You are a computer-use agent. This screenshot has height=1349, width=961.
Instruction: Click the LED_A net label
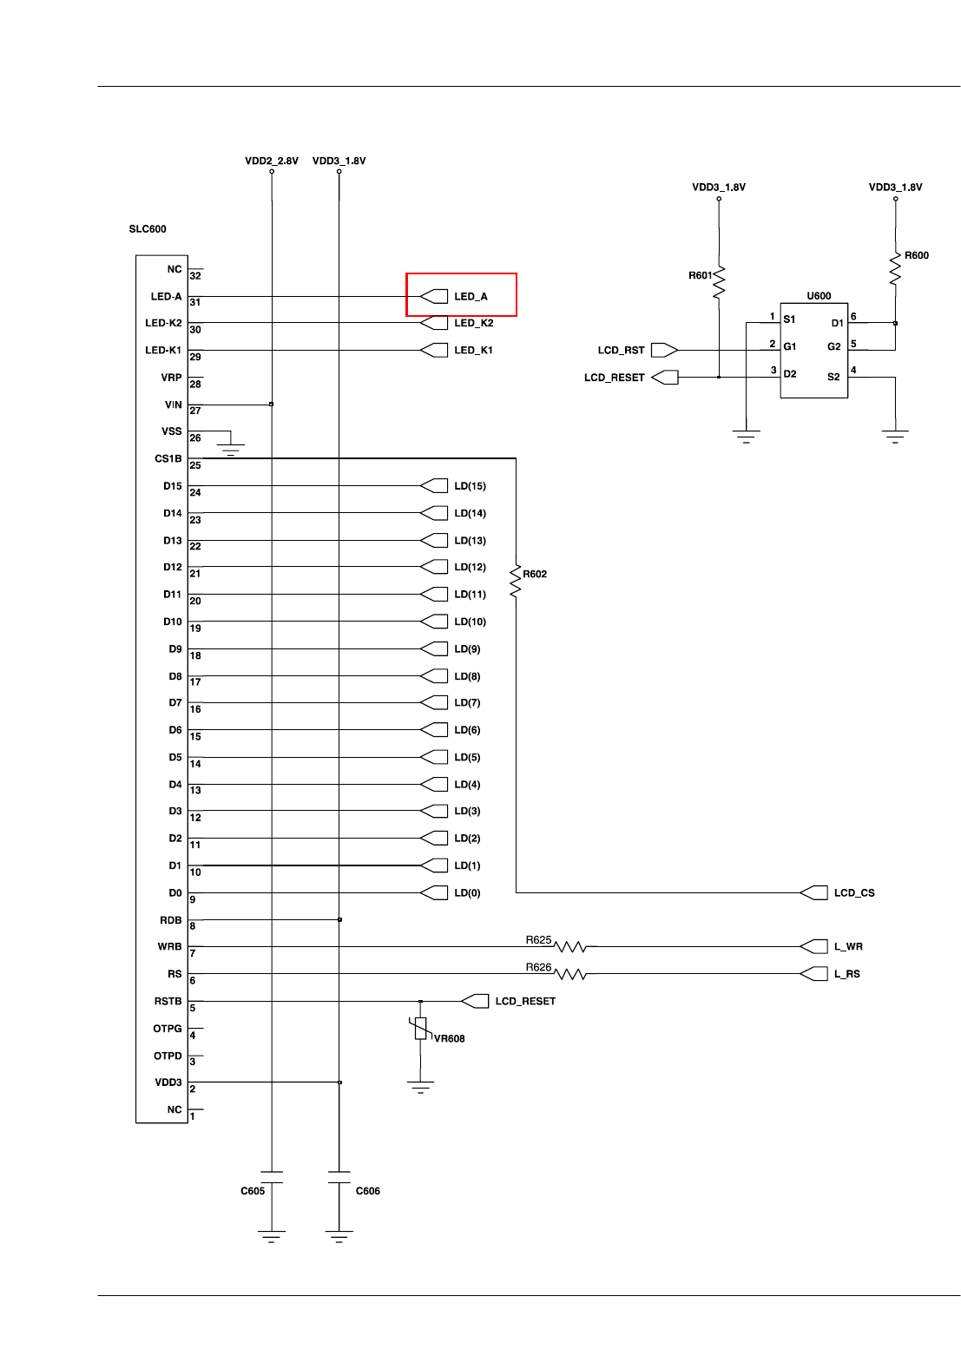point(471,297)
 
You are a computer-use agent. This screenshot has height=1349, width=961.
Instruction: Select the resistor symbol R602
point(516,581)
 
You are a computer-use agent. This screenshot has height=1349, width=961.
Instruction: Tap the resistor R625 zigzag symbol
point(570,947)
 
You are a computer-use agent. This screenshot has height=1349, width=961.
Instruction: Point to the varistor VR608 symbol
point(421,1029)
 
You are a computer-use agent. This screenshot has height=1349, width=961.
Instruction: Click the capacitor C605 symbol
point(272,1177)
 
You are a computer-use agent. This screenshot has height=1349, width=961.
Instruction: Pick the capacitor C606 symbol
point(339,1177)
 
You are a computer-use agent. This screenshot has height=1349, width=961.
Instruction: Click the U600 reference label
point(819,296)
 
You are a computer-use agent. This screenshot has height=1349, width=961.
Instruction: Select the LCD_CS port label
point(854,893)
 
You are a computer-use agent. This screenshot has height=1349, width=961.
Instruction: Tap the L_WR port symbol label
point(848,947)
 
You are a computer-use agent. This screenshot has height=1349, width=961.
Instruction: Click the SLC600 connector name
point(148,229)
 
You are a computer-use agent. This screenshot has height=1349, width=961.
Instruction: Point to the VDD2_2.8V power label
point(272,161)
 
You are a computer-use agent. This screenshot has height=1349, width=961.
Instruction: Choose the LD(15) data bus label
point(470,486)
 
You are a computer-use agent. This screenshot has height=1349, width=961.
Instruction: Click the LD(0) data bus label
point(467,893)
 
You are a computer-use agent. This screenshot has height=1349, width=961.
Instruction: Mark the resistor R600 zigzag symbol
point(895,268)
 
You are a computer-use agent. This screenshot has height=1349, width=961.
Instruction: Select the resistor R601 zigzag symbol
point(719,282)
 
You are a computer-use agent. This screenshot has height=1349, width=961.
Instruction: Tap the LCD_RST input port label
point(621,351)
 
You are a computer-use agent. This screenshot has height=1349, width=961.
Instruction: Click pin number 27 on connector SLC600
point(195,411)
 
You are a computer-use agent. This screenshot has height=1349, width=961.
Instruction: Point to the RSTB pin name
point(168,1002)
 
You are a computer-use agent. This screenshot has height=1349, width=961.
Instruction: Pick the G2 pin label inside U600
point(833,347)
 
